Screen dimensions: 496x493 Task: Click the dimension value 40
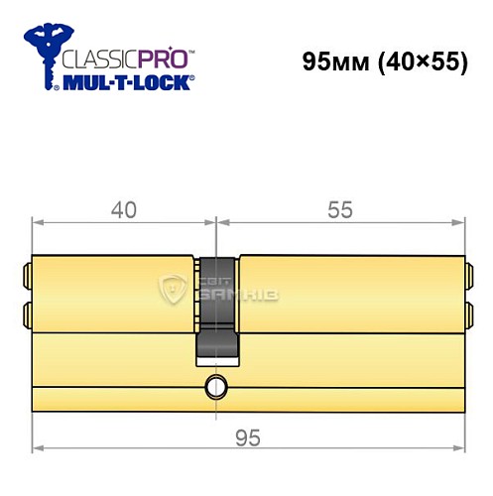[122, 209]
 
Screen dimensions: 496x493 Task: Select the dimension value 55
[340, 209]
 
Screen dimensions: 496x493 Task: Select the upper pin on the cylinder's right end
[466, 270]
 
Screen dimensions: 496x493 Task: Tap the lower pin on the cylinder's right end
[466, 314]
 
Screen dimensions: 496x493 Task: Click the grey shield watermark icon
[174, 290]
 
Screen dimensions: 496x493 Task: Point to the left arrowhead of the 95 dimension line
[39, 419]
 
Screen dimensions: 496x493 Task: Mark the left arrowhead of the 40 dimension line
[39, 223]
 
